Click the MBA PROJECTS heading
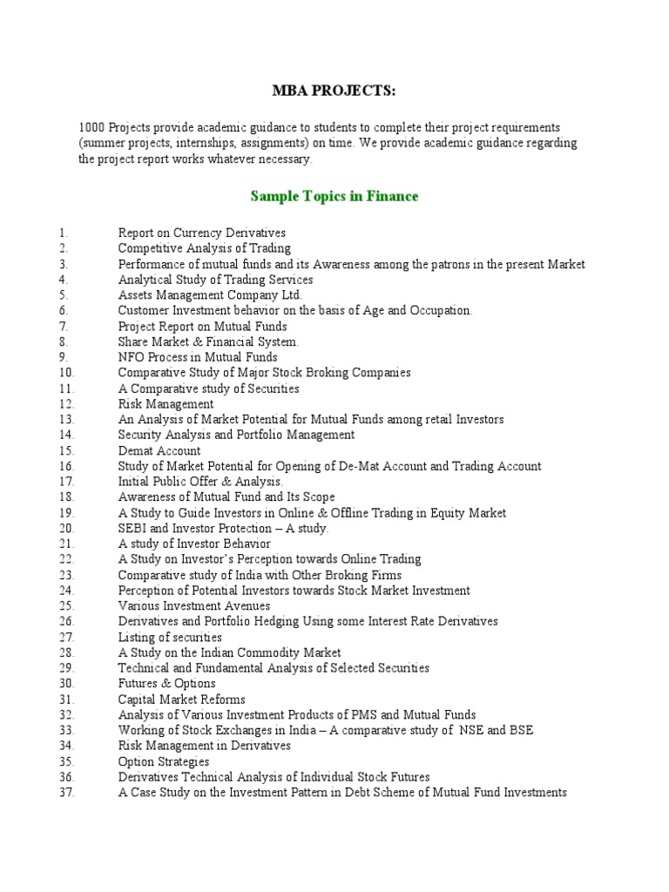pos(334,92)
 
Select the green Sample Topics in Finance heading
pos(334,196)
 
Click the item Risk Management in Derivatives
pos(205,746)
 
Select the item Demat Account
pos(159,450)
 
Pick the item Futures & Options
pos(167,684)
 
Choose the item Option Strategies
pos(164,761)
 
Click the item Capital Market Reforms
pos(182,699)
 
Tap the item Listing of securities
pos(170,637)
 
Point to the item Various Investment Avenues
pos(194,605)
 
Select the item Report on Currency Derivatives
pos(202,233)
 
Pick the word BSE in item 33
pos(520,730)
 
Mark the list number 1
pos(64,233)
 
